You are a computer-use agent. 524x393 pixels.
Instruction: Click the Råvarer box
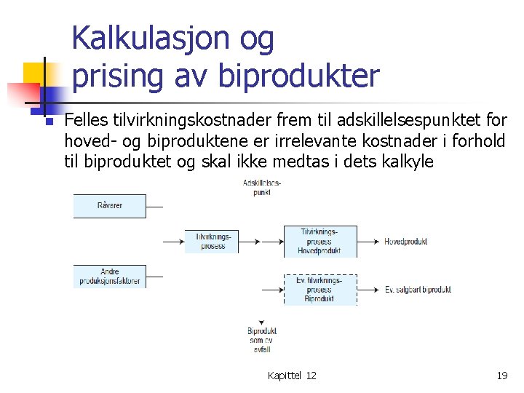click(110, 206)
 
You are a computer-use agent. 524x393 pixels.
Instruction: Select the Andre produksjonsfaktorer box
click(110, 277)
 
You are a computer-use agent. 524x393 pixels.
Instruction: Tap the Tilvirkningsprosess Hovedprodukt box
click(319, 242)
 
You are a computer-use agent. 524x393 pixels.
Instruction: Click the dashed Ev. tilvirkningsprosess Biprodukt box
click(319, 289)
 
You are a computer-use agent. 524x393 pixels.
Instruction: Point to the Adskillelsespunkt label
click(261, 187)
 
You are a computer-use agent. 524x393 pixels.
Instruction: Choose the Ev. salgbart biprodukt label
click(418, 290)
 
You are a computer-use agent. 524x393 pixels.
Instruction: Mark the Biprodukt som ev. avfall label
click(261, 340)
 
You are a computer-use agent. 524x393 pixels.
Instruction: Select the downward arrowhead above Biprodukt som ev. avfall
click(261, 322)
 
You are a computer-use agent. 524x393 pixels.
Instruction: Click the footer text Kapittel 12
click(292, 376)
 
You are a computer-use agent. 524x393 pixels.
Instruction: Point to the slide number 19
click(501, 376)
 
